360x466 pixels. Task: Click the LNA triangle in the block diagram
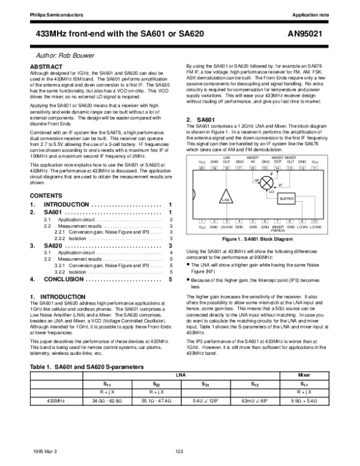tap(226, 198)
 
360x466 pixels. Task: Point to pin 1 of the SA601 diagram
tap(202, 221)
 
